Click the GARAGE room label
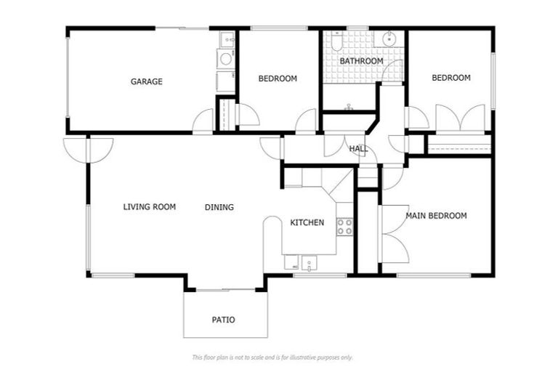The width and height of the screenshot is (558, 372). pyautogui.click(x=146, y=81)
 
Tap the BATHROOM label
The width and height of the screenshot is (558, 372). pyautogui.click(x=361, y=61)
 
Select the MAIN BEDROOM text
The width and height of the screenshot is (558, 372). pyautogui.click(x=436, y=215)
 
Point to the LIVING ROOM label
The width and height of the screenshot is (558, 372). pyautogui.click(x=150, y=207)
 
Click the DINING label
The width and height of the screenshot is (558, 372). pyautogui.click(x=219, y=207)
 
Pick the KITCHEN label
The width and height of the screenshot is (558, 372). pyautogui.click(x=307, y=222)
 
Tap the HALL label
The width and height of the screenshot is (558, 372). pyautogui.click(x=358, y=148)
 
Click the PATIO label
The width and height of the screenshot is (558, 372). pyautogui.click(x=224, y=320)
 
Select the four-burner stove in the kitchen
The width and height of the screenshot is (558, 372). pyautogui.click(x=344, y=227)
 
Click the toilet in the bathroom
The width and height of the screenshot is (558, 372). pyautogui.click(x=336, y=41)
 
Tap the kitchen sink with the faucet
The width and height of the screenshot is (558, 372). pyautogui.click(x=309, y=264)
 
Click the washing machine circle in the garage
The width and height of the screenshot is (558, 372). pyautogui.click(x=226, y=58)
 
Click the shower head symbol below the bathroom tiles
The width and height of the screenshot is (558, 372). pyautogui.click(x=349, y=106)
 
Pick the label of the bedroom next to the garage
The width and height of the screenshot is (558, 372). pyautogui.click(x=278, y=78)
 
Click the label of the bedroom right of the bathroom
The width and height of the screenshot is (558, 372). pyautogui.click(x=451, y=78)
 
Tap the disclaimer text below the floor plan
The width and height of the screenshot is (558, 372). pyautogui.click(x=272, y=357)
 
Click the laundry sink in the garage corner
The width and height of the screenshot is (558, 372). pyautogui.click(x=227, y=39)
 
